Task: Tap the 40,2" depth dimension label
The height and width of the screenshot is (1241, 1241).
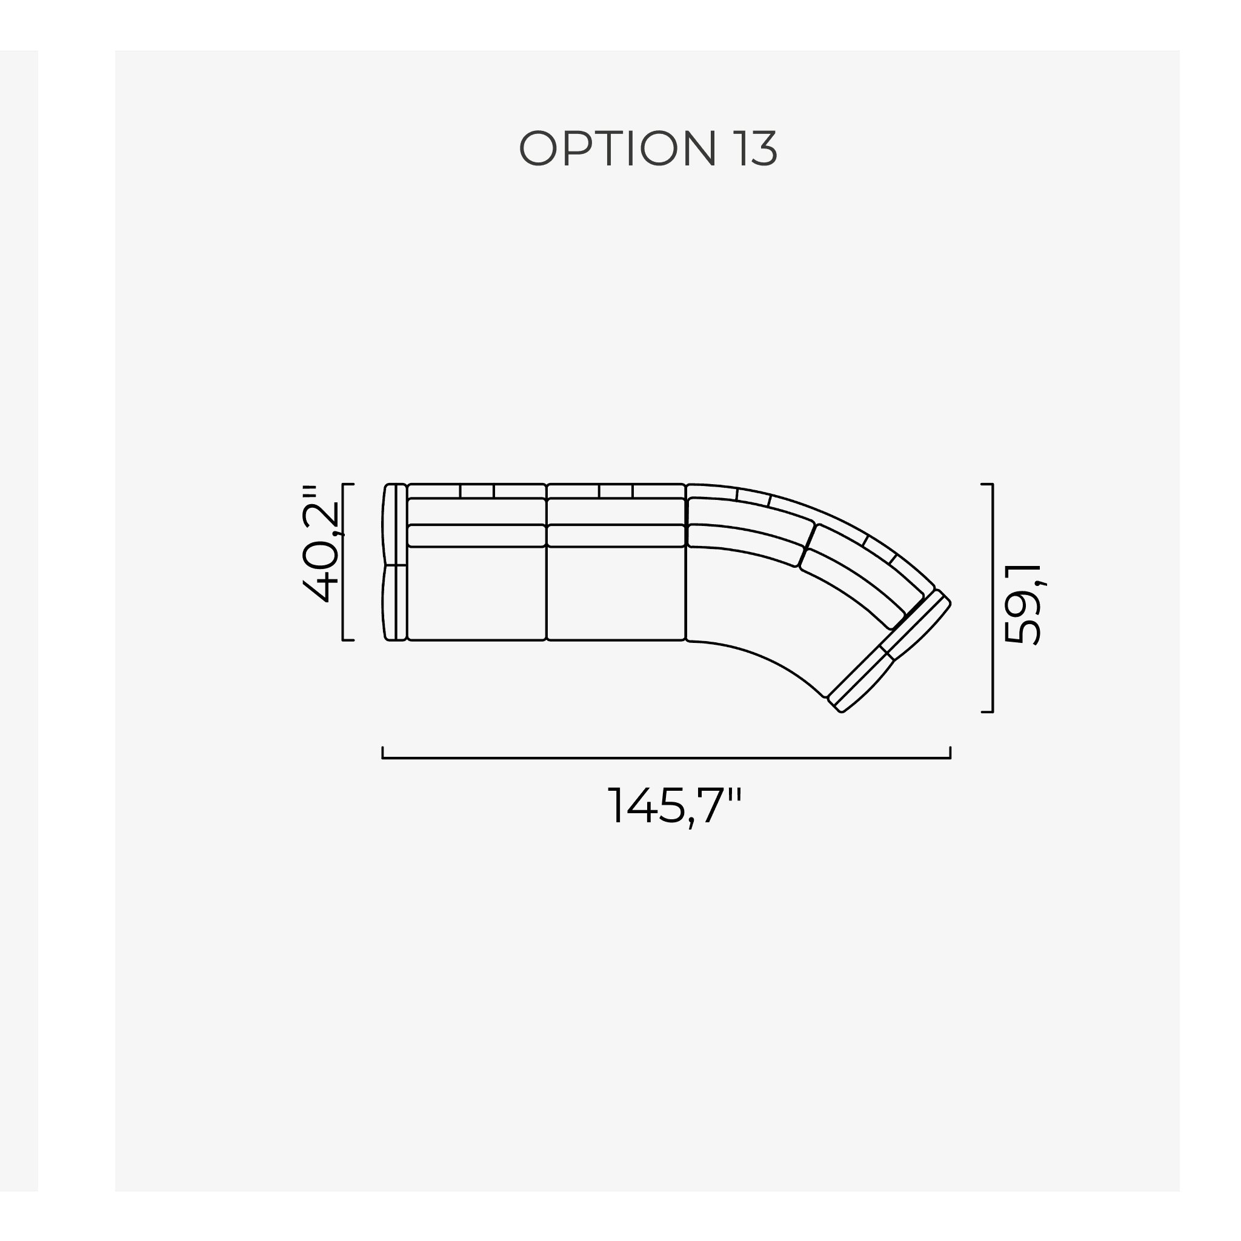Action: (321, 544)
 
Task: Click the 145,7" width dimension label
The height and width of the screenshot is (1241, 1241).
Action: (674, 806)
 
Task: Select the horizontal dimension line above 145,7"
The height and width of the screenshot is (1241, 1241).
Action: (666, 758)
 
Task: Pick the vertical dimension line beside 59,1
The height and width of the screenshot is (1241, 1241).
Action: (993, 597)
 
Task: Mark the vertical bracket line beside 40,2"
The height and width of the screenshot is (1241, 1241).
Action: (343, 562)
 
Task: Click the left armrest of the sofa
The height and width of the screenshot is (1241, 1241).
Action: (394, 562)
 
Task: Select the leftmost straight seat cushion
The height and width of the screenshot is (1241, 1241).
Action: (477, 593)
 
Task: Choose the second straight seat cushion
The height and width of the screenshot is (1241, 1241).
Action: (616, 593)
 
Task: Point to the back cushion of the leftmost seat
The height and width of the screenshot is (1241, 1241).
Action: (477, 536)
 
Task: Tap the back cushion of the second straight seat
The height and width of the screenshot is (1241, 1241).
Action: (616, 536)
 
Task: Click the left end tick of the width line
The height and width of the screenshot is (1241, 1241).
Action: (383, 753)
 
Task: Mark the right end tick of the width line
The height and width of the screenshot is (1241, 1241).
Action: (950, 753)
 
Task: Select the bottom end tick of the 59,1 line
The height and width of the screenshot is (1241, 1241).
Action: (987, 712)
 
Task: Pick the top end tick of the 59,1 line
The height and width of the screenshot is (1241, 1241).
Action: (987, 484)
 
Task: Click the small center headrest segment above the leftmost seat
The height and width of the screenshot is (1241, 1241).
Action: (477, 491)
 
